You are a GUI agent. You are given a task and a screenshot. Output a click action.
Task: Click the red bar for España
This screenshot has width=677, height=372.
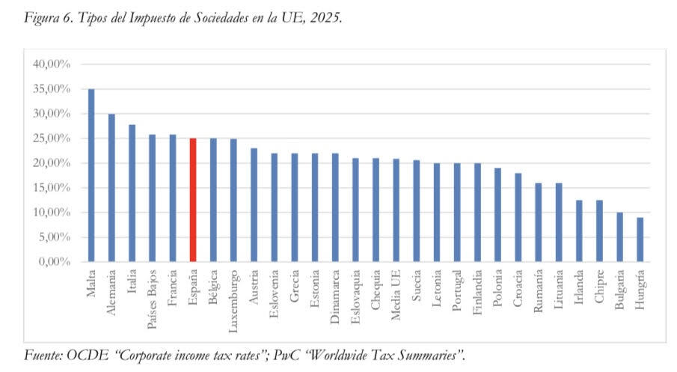[x=193, y=200]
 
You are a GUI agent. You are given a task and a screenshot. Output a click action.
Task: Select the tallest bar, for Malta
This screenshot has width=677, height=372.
[x=91, y=175]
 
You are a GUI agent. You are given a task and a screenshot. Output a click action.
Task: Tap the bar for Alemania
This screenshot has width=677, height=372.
[x=111, y=188]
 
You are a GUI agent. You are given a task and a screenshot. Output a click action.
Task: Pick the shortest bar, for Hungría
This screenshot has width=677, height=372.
[x=639, y=240]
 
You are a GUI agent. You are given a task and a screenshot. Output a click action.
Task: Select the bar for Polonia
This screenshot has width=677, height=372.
[x=497, y=215]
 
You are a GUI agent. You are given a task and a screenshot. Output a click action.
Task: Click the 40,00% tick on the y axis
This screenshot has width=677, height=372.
[x=52, y=64]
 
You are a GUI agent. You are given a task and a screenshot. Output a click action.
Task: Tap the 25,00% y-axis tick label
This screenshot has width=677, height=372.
[x=52, y=138]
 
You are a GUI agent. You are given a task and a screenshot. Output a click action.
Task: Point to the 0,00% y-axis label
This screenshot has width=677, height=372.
[x=55, y=262]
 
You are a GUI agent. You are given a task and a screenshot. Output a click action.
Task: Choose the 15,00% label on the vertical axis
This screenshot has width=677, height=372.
[x=52, y=188]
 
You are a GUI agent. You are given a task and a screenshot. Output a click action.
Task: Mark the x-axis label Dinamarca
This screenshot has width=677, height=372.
[x=335, y=294]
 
